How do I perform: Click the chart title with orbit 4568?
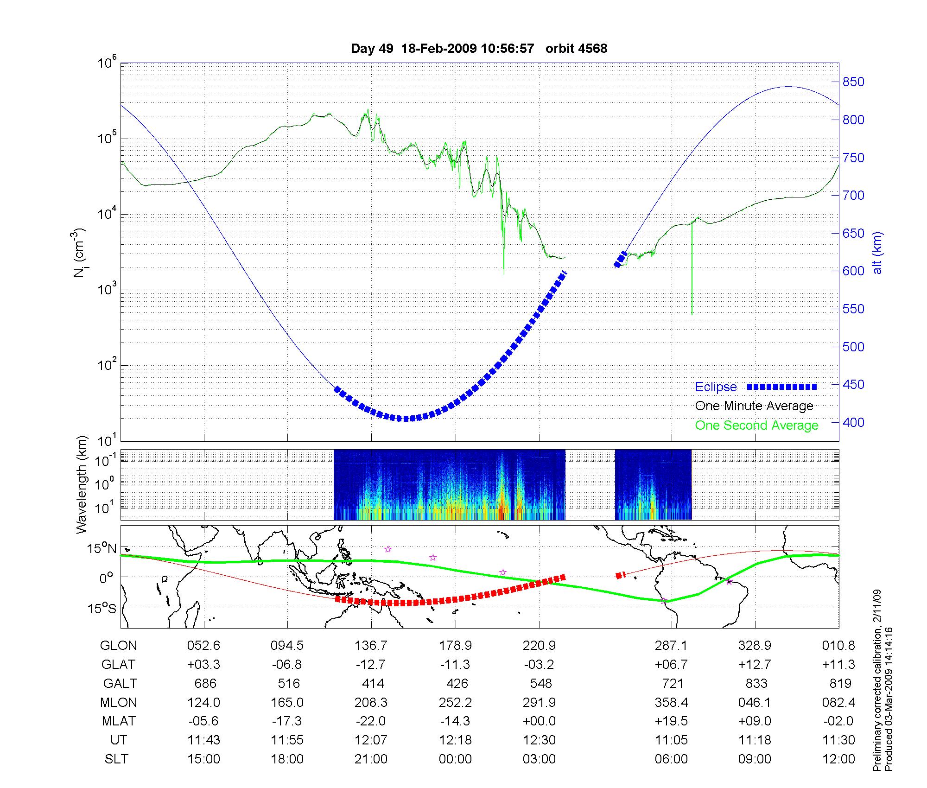479,49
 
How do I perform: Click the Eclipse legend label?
716,387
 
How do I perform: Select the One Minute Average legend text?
754,406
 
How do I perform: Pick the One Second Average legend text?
756,426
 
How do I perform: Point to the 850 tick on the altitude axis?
853,82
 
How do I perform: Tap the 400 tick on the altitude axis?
853,422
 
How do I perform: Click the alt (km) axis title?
878,253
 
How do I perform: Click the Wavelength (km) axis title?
82,485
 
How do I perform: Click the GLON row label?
119,646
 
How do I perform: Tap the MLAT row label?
119,721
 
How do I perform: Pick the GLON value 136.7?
371,646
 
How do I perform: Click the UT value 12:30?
540,740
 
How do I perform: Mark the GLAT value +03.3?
203,665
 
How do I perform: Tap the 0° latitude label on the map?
107,578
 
